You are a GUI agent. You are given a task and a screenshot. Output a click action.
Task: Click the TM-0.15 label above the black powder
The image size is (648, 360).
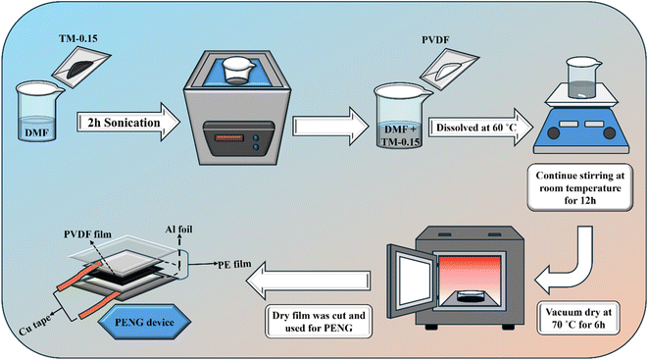(x=77, y=39)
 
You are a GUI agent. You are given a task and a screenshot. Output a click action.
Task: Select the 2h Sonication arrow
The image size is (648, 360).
(x=128, y=123)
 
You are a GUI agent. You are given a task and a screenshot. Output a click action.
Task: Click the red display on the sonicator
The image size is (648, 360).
(x=229, y=137)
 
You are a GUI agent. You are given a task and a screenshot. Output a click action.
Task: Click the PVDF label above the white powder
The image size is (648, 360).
(x=435, y=40)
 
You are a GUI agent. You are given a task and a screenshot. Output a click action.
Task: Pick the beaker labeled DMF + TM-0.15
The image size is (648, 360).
(x=399, y=117)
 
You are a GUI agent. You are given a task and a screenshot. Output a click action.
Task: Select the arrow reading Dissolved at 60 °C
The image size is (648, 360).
(x=481, y=128)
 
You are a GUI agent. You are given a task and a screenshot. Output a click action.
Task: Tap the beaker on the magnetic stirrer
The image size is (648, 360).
(x=582, y=77)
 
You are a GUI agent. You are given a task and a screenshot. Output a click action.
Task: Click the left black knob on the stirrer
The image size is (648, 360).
(x=553, y=133)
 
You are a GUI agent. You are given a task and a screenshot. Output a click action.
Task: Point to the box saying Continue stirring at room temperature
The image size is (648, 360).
(x=579, y=188)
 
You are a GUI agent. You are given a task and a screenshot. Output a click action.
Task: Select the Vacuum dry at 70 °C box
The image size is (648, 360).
(x=578, y=318)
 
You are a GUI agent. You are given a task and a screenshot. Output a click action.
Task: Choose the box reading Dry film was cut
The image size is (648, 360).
(x=319, y=322)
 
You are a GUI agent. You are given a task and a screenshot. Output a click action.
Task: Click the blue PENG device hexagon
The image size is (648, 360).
(x=144, y=322)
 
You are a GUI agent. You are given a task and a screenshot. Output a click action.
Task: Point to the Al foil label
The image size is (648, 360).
(x=179, y=229)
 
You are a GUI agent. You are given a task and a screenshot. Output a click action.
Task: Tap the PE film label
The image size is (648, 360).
(x=234, y=264)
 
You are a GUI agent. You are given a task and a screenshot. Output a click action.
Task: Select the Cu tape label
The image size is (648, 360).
(x=35, y=326)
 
